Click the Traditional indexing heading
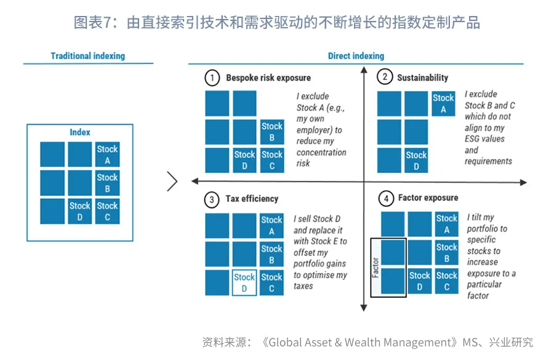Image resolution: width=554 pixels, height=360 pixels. tap(87, 56)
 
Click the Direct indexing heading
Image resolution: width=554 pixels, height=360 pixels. tap(356, 56)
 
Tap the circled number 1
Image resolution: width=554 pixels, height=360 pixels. tap(212, 78)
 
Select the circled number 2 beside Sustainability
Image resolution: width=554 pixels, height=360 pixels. tap(385, 78)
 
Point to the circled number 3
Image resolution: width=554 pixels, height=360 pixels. tap(212, 199)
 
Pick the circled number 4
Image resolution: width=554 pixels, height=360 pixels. tap(386, 199)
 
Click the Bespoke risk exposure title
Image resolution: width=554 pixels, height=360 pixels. tap(268, 78)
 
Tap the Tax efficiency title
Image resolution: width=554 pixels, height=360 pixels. tap(252, 199)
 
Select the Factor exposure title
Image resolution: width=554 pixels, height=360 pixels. tap(428, 198)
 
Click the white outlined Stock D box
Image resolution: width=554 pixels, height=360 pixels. tap(244, 283)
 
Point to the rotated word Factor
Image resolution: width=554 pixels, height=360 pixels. tap(375, 268)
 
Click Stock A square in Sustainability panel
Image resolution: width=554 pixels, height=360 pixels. tap(443, 104)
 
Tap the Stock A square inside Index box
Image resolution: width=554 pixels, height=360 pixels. tap(107, 154)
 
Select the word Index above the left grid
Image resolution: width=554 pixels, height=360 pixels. tap(80, 132)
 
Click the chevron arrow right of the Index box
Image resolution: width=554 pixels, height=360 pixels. tap(172, 181)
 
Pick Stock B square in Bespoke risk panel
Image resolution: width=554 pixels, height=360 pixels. tap(271, 132)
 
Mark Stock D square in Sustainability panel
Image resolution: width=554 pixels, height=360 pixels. tap(416, 161)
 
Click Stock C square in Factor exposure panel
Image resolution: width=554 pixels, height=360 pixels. tap(446, 281)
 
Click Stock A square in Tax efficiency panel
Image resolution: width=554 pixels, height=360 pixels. tap(271, 225)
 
